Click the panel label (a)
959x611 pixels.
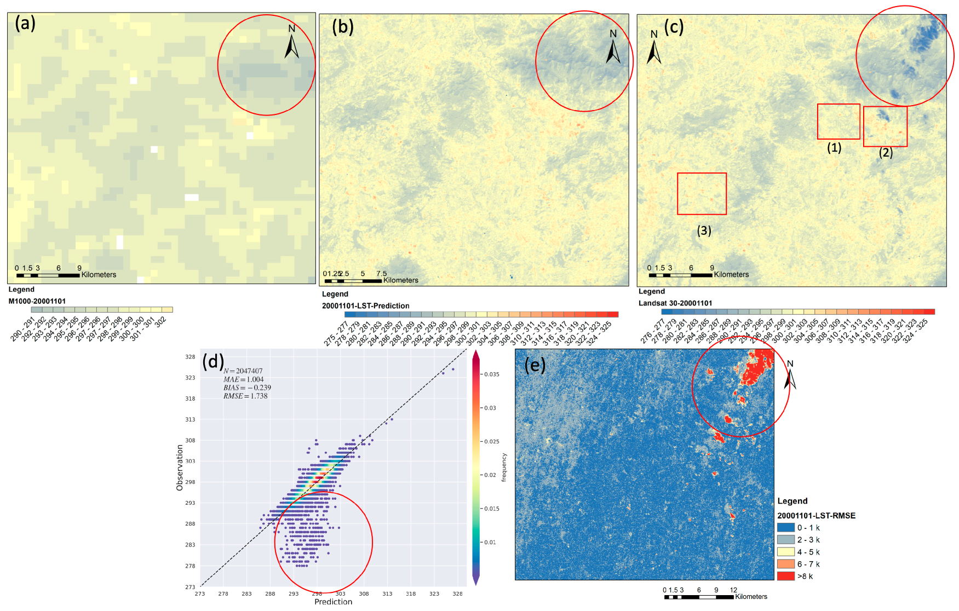25,24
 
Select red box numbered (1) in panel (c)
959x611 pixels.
839,122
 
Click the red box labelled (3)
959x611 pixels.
702,194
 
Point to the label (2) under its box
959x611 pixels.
886,153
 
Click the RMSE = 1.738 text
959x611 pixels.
245,396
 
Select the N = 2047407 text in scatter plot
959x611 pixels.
243,371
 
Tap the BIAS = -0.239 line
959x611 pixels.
247,388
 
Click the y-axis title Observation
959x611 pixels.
180,467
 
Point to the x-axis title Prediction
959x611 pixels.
333,601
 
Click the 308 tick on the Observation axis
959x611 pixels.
190,440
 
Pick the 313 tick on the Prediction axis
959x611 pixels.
387,593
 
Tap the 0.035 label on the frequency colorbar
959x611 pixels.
492,374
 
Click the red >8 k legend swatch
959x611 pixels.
785,576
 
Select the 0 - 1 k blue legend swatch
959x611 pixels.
785,528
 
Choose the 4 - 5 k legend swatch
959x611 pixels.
785,552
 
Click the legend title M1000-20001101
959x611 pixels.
37,301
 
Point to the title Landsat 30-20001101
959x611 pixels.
675,303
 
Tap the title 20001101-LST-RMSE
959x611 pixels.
816,516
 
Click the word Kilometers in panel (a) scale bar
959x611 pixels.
99,275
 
